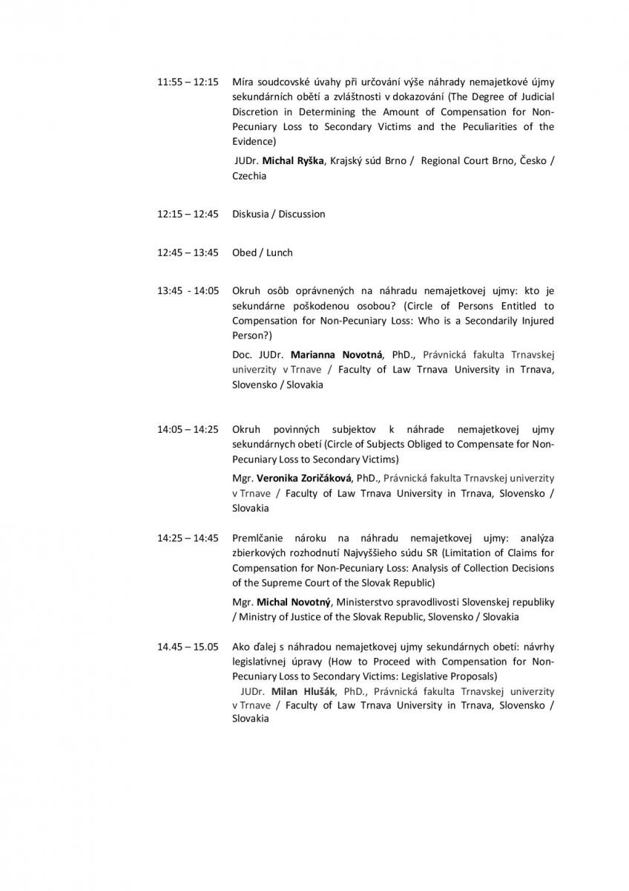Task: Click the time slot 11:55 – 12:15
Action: [188, 82]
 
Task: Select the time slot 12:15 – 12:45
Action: [188, 214]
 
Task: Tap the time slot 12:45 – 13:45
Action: [188, 252]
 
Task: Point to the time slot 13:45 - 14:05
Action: [188, 291]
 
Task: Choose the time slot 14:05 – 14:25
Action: [188, 429]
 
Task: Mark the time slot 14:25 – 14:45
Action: [188, 538]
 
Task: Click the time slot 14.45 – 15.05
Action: [188, 646]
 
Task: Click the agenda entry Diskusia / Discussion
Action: [278, 214]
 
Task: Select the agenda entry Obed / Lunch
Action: [262, 252]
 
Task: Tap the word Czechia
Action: [249, 176]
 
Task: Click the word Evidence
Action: [252, 141]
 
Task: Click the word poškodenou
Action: [312, 306]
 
